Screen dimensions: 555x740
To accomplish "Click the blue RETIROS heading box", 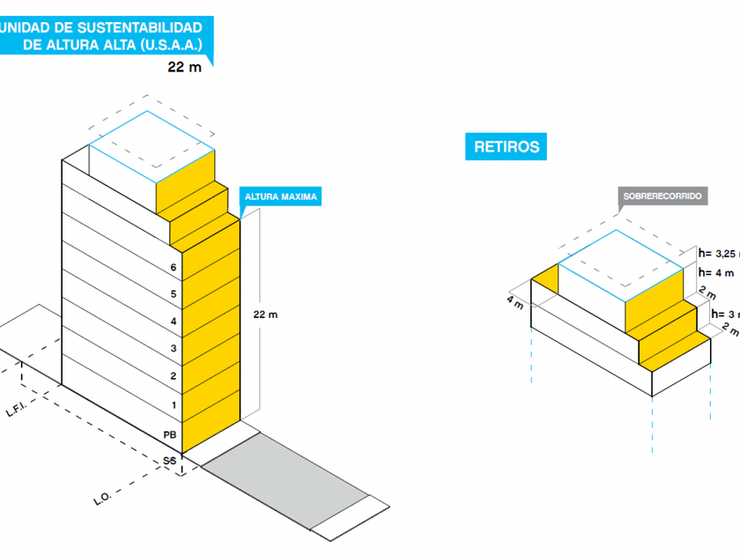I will [507, 147].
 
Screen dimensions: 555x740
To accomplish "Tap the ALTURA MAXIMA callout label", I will [280, 196].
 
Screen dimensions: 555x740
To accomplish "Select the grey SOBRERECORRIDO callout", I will [662, 196].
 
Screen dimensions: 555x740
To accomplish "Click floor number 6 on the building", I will [174, 268].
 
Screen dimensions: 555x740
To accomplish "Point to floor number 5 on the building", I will [174, 294].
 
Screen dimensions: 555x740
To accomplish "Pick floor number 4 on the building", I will [174, 322].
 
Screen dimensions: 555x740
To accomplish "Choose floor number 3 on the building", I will [174, 349].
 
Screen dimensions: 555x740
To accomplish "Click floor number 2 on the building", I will [174, 376].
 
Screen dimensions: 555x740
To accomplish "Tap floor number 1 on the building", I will [174, 404].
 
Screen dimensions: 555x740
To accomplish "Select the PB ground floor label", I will [171, 435].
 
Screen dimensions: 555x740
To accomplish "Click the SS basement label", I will [169, 461].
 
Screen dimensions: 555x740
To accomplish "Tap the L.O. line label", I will [102, 501].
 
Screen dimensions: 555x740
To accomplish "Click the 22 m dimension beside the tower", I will [265, 314].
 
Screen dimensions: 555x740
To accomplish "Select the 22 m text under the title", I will [185, 66].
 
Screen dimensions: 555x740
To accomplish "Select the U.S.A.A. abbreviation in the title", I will [171, 44].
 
